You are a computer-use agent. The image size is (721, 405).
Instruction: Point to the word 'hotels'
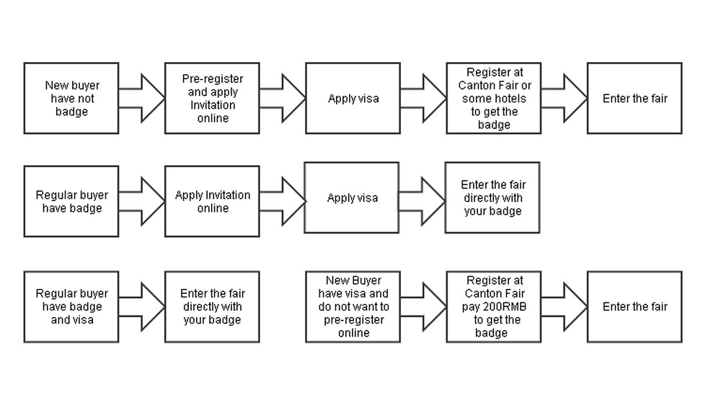(x=511, y=99)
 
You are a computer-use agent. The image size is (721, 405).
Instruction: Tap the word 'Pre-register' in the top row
(x=213, y=79)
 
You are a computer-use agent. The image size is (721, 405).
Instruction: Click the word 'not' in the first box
(x=86, y=99)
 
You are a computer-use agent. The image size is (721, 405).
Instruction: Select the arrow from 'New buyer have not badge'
(x=141, y=99)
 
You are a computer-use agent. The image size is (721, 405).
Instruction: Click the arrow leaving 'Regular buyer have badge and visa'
(x=141, y=306)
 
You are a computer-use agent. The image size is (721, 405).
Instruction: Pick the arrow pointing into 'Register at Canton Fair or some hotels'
(x=423, y=99)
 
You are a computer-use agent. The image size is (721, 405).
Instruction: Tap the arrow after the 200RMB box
(x=565, y=306)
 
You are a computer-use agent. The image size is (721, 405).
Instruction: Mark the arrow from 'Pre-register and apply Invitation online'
(x=283, y=99)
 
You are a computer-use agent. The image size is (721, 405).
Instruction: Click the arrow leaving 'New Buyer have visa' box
(x=423, y=306)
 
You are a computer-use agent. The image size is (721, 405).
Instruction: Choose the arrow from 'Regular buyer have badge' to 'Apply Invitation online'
(x=141, y=201)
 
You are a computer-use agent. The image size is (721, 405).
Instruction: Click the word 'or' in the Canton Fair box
(x=526, y=86)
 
